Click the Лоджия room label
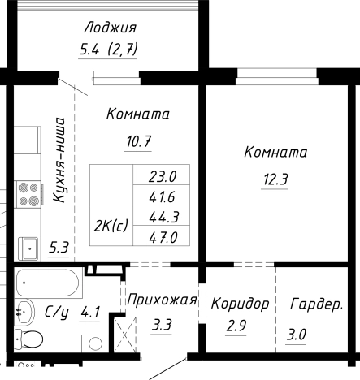(110, 28)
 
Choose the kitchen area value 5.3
(59, 248)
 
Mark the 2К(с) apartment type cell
(111, 225)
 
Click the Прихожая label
(163, 300)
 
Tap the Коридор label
(240, 304)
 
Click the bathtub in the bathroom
(48, 285)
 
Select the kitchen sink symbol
(30, 246)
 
